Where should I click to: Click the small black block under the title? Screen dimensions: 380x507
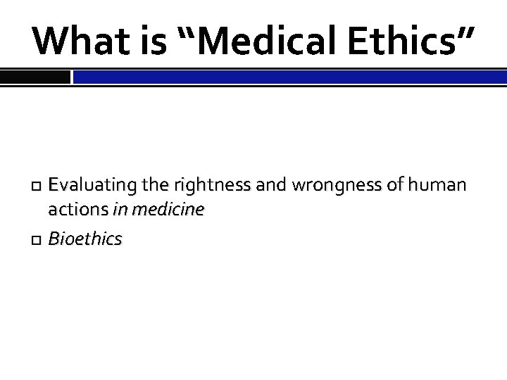pos(35,77)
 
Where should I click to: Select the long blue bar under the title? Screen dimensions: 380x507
pos(289,77)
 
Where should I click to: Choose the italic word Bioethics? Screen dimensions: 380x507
pos(84,239)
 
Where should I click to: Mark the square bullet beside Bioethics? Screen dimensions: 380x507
pos(37,240)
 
